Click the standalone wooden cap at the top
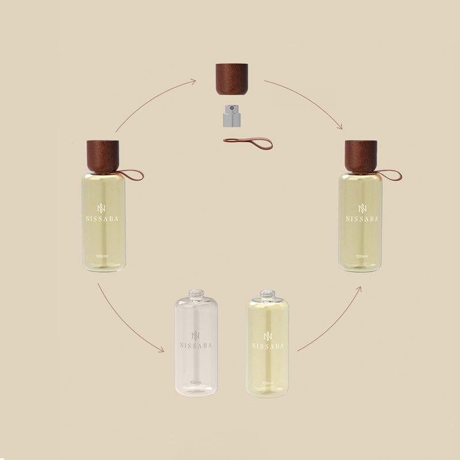[x=232, y=79]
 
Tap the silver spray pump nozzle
[x=232, y=116]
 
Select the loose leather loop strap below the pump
[x=248, y=143]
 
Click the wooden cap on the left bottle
[x=103, y=156]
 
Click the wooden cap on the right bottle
[x=361, y=156]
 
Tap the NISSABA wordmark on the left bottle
[x=102, y=219]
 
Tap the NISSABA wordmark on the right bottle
[x=362, y=219]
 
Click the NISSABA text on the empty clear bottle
[x=195, y=346]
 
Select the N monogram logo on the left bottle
[x=101, y=208]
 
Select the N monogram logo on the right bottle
[x=363, y=208]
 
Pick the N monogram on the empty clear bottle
[x=195, y=336]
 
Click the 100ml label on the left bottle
[x=102, y=256]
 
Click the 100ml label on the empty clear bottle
[x=195, y=382]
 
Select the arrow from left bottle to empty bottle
[x=125, y=322]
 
